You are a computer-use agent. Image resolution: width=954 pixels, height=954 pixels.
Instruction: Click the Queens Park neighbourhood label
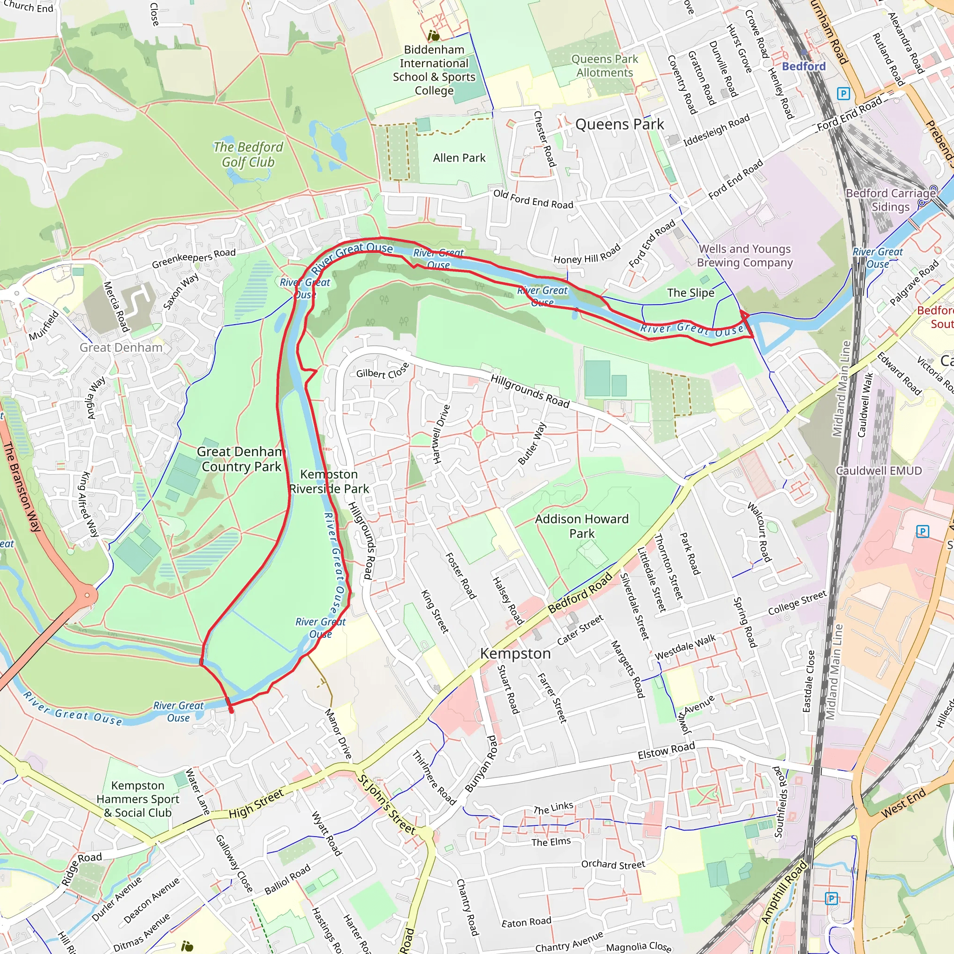point(619,124)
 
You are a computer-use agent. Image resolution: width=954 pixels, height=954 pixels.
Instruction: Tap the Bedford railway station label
point(804,66)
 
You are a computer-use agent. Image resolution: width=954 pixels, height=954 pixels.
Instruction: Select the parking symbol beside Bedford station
point(843,93)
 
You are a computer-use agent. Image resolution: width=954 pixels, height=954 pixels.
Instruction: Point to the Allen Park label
point(459,158)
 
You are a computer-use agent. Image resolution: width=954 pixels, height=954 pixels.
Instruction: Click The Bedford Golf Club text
point(248,155)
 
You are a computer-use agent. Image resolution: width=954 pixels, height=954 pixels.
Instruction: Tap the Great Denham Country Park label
point(240,459)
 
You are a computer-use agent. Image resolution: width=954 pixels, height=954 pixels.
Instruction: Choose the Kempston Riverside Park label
point(329,482)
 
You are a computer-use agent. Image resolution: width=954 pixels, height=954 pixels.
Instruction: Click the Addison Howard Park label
point(582,526)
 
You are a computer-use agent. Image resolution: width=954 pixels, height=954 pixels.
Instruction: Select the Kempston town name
point(515,654)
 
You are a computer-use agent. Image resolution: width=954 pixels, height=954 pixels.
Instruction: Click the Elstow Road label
point(666,751)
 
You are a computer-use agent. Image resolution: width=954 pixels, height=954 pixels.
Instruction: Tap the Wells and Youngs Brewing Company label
point(745,256)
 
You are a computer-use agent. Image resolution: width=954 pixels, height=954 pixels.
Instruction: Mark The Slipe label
point(690,293)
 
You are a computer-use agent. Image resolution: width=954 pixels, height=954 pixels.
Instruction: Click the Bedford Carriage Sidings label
point(890,200)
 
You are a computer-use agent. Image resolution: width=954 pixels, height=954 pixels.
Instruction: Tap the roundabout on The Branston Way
point(88,595)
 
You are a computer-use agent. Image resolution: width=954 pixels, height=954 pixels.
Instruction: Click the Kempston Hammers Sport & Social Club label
point(138,799)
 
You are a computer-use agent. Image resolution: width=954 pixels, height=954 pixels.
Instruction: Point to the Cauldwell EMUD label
point(879,470)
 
